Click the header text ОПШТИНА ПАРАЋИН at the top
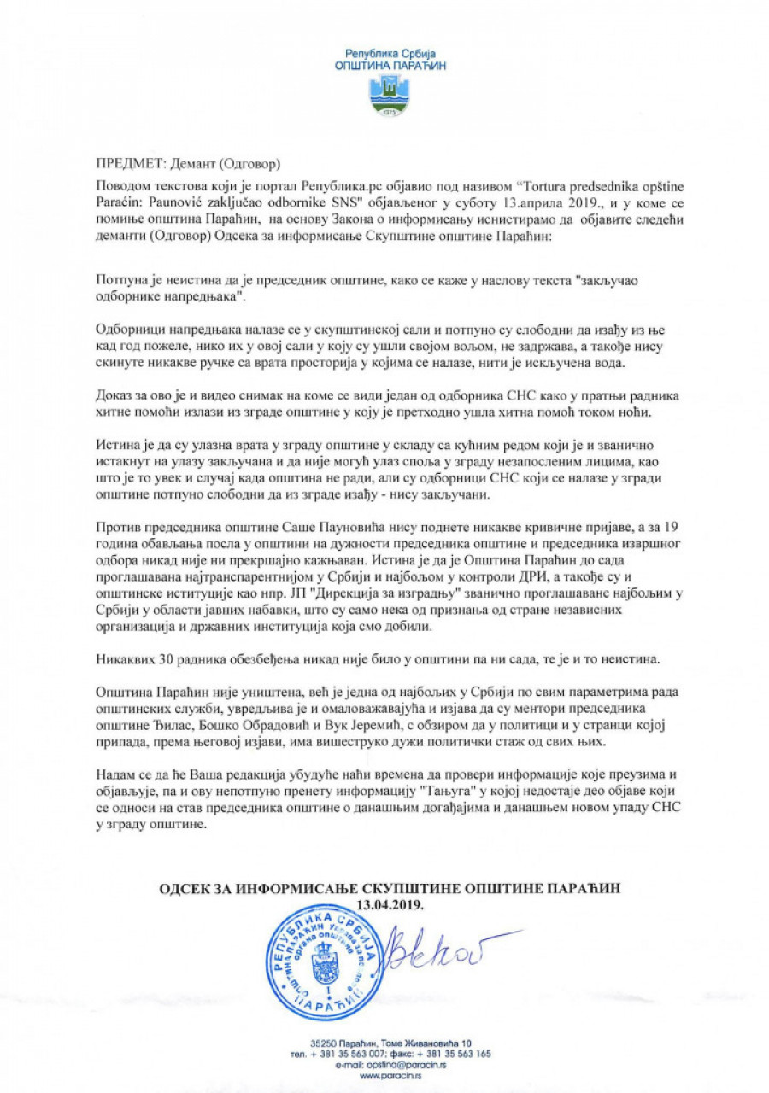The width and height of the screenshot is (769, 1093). point(389,65)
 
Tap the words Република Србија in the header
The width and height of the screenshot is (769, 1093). point(389,53)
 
